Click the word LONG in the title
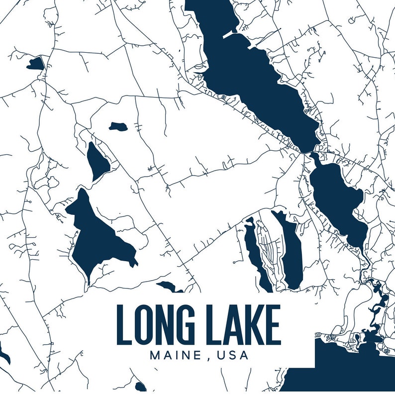tap(160, 325)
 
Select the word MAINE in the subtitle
tap(174, 356)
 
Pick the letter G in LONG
tap(192, 325)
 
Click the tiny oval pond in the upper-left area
tap(118, 126)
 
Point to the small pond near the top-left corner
tap(36, 63)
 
